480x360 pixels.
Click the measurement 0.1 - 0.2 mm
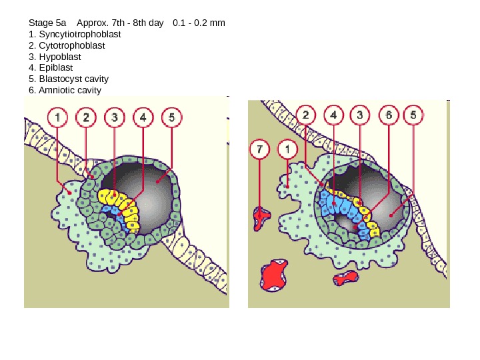[x=199, y=23]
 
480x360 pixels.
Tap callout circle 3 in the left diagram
[x=115, y=118]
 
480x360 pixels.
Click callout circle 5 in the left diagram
[x=171, y=118]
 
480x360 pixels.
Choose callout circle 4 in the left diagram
[x=143, y=118]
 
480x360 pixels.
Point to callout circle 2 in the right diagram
[x=305, y=115]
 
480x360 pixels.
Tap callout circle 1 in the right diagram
[x=287, y=149]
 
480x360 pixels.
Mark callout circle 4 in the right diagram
[x=333, y=115]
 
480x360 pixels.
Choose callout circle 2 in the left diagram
[x=86, y=118]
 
